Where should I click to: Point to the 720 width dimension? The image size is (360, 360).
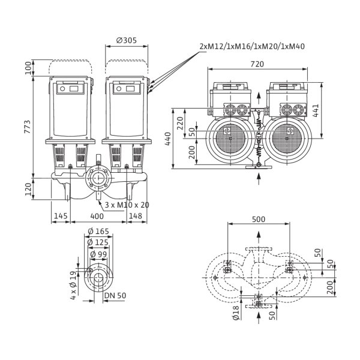pyautogui.click(x=259, y=62)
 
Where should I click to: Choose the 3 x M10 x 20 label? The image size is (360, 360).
pyautogui.click(x=127, y=205)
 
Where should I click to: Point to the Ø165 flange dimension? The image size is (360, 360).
pyautogui.click(x=97, y=232)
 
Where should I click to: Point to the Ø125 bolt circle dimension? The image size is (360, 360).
pyautogui.click(x=97, y=242)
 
